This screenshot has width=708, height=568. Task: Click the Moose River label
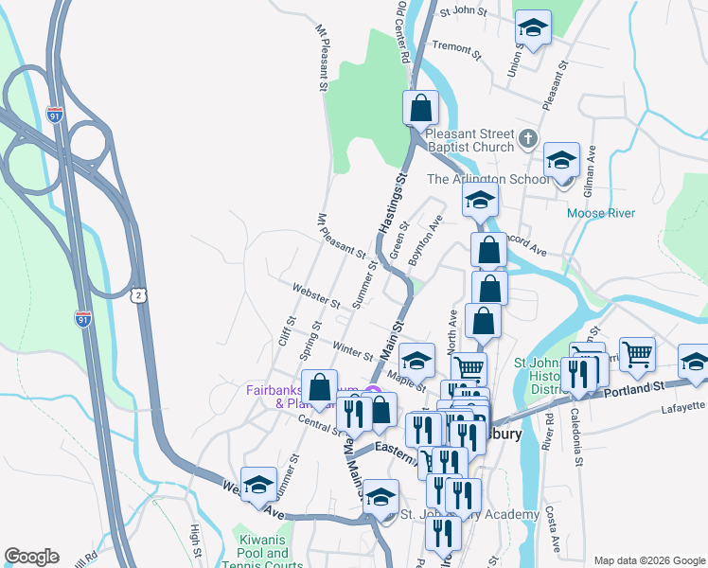tap(600, 213)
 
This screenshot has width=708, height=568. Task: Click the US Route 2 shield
tap(139, 296)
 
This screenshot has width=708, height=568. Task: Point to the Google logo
tap(30, 557)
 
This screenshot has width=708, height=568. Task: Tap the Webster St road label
tap(316, 295)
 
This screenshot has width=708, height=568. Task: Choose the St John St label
tap(463, 13)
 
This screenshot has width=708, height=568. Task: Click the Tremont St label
tap(456, 46)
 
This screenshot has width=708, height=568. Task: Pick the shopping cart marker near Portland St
tap(637, 354)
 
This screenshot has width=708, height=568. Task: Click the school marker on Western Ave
tap(258, 485)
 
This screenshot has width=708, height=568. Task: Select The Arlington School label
tap(487, 179)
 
